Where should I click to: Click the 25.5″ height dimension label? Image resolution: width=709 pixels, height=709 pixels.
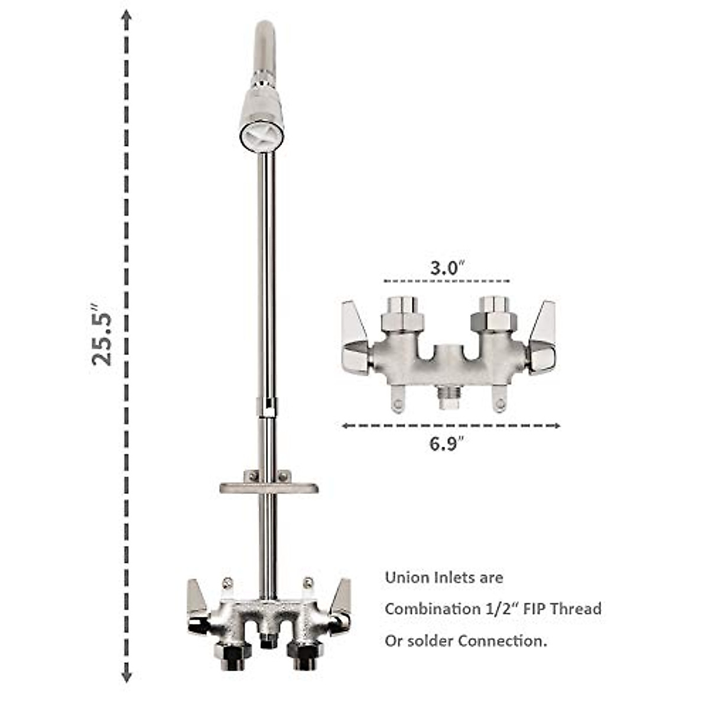point(102,334)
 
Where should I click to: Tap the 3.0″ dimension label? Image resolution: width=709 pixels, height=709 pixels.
point(444,268)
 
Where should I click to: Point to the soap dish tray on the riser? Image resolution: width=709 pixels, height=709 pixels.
point(269,487)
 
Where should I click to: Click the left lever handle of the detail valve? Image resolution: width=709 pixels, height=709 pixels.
point(356,337)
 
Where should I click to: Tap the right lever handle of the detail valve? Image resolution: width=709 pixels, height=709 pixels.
point(542,337)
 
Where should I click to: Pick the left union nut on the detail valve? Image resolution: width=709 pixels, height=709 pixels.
point(402,320)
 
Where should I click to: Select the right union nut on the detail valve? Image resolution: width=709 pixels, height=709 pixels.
point(494,320)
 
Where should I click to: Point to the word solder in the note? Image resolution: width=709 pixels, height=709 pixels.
point(430,640)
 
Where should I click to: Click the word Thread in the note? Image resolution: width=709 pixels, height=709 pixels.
point(575,609)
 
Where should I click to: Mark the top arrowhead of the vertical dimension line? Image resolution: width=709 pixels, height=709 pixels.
point(126,18)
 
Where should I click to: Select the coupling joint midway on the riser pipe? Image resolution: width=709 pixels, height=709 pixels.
point(267,406)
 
